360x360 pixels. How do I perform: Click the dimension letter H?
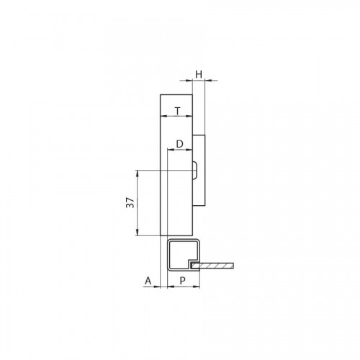(199, 74)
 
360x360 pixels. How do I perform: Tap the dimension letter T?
(177, 111)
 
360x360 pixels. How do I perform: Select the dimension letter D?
(180, 144)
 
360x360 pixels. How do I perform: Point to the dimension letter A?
(148, 281)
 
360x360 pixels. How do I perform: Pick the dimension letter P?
(183, 281)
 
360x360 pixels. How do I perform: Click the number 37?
(130, 203)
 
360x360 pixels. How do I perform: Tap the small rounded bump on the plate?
(195, 171)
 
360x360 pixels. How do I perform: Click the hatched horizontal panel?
(212, 266)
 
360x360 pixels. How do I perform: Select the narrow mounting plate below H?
(199, 170)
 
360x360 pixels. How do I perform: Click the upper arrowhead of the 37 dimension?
(138, 174)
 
